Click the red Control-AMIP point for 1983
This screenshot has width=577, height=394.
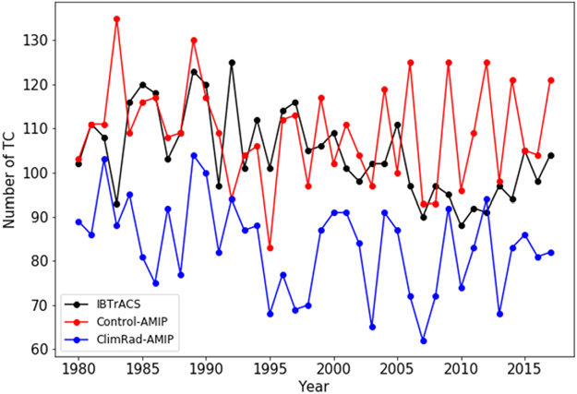click(x=117, y=18)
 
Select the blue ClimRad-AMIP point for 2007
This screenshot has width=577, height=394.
click(x=424, y=340)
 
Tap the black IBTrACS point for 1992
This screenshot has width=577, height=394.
click(x=232, y=63)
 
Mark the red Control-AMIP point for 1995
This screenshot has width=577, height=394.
click(x=270, y=247)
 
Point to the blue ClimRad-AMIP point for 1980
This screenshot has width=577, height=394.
click(x=78, y=221)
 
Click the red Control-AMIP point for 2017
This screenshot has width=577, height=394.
click(x=551, y=80)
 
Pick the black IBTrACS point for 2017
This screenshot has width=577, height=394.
click(x=551, y=155)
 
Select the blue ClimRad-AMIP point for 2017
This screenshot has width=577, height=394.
click(x=551, y=252)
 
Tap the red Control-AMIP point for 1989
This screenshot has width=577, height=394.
click(x=194, y=41)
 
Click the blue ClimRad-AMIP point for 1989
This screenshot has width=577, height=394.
click(x=194, y=155)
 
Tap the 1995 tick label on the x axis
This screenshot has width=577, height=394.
click(x=270, y=370)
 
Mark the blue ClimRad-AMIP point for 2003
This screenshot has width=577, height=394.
click(x=372, y=328)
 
